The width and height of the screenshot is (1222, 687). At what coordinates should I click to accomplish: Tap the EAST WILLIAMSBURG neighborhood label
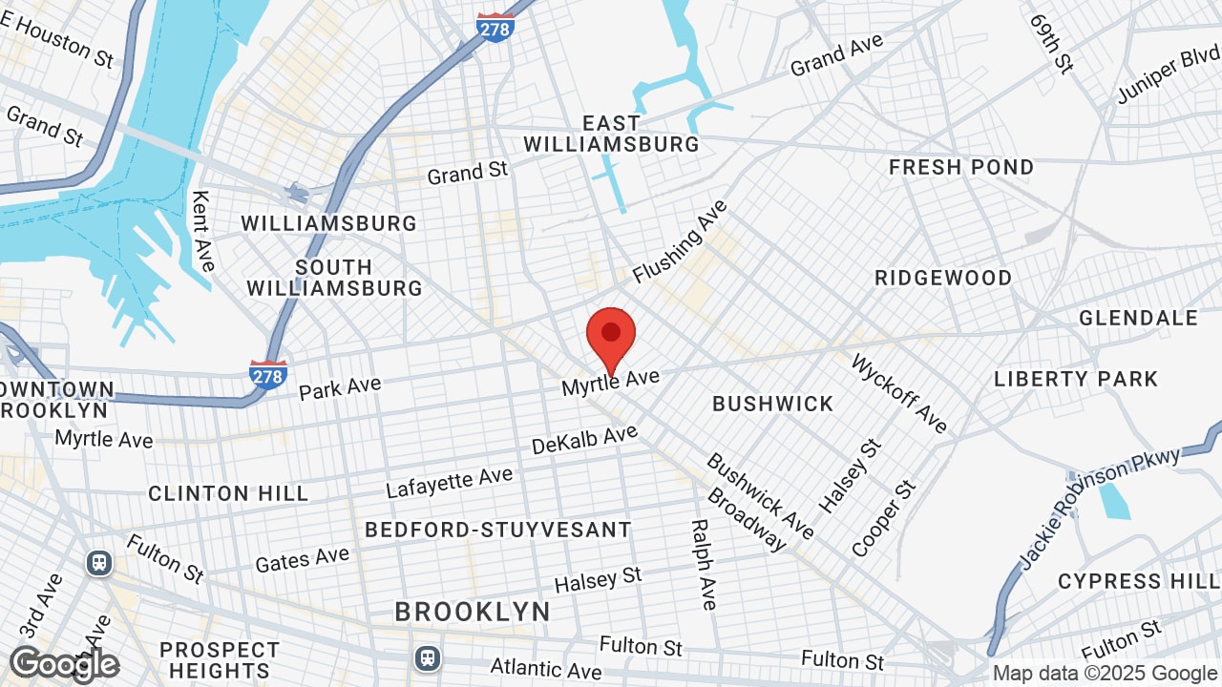click(x=611, y=135)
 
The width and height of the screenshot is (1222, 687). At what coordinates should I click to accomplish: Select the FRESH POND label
click(x=961, y=168)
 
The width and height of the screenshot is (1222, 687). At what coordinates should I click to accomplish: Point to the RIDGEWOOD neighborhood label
click(x=943, y=279)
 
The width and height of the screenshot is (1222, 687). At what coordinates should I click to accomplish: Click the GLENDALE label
click(x=1138, y=318)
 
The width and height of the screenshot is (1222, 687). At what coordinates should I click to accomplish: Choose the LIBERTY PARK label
click(x=1076, y=379)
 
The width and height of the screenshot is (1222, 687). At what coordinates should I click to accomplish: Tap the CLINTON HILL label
click(x=228, y=493)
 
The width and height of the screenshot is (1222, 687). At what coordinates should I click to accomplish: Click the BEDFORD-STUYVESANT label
click(x=498, y=530)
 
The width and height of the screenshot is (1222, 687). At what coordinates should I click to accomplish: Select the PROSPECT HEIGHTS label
click(x=220, y=660)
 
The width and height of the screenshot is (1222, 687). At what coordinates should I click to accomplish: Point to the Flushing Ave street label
click(x=680, y=241)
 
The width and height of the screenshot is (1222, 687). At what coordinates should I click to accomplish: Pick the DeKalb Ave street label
click(x=584, y=440)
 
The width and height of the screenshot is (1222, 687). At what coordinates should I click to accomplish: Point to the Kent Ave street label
click(x=203, y=230)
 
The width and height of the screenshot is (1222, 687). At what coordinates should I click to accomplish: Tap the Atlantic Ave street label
click(x=545, y=670)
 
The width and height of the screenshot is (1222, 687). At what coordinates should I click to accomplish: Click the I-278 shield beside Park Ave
click(x=267, y=375)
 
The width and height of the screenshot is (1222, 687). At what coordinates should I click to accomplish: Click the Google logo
click(x=64, y=664)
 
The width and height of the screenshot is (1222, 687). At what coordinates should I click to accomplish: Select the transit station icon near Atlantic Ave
click(x=428, y=657)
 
